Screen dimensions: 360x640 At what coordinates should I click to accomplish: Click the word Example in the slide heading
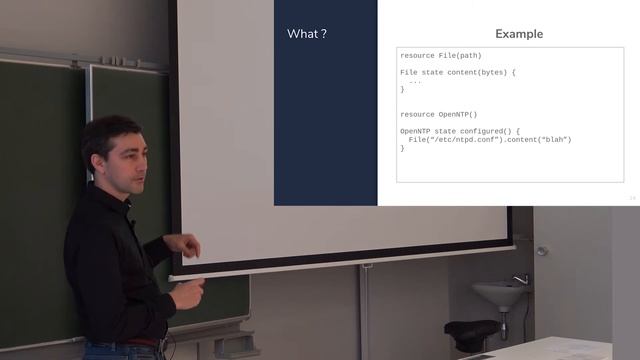pos(519,34)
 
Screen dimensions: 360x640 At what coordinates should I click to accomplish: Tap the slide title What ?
pos(307,34)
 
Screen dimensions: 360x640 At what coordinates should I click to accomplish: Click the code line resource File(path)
pos(439,55)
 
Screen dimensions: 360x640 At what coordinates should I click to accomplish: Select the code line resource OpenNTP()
pos(438,114)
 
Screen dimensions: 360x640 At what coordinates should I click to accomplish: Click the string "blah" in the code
pos(552,139)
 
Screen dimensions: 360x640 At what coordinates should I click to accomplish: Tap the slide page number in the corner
pos(632,198)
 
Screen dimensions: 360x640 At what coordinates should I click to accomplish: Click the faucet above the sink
pos(521,279)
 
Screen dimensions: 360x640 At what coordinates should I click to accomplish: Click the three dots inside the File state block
pos(414,81)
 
